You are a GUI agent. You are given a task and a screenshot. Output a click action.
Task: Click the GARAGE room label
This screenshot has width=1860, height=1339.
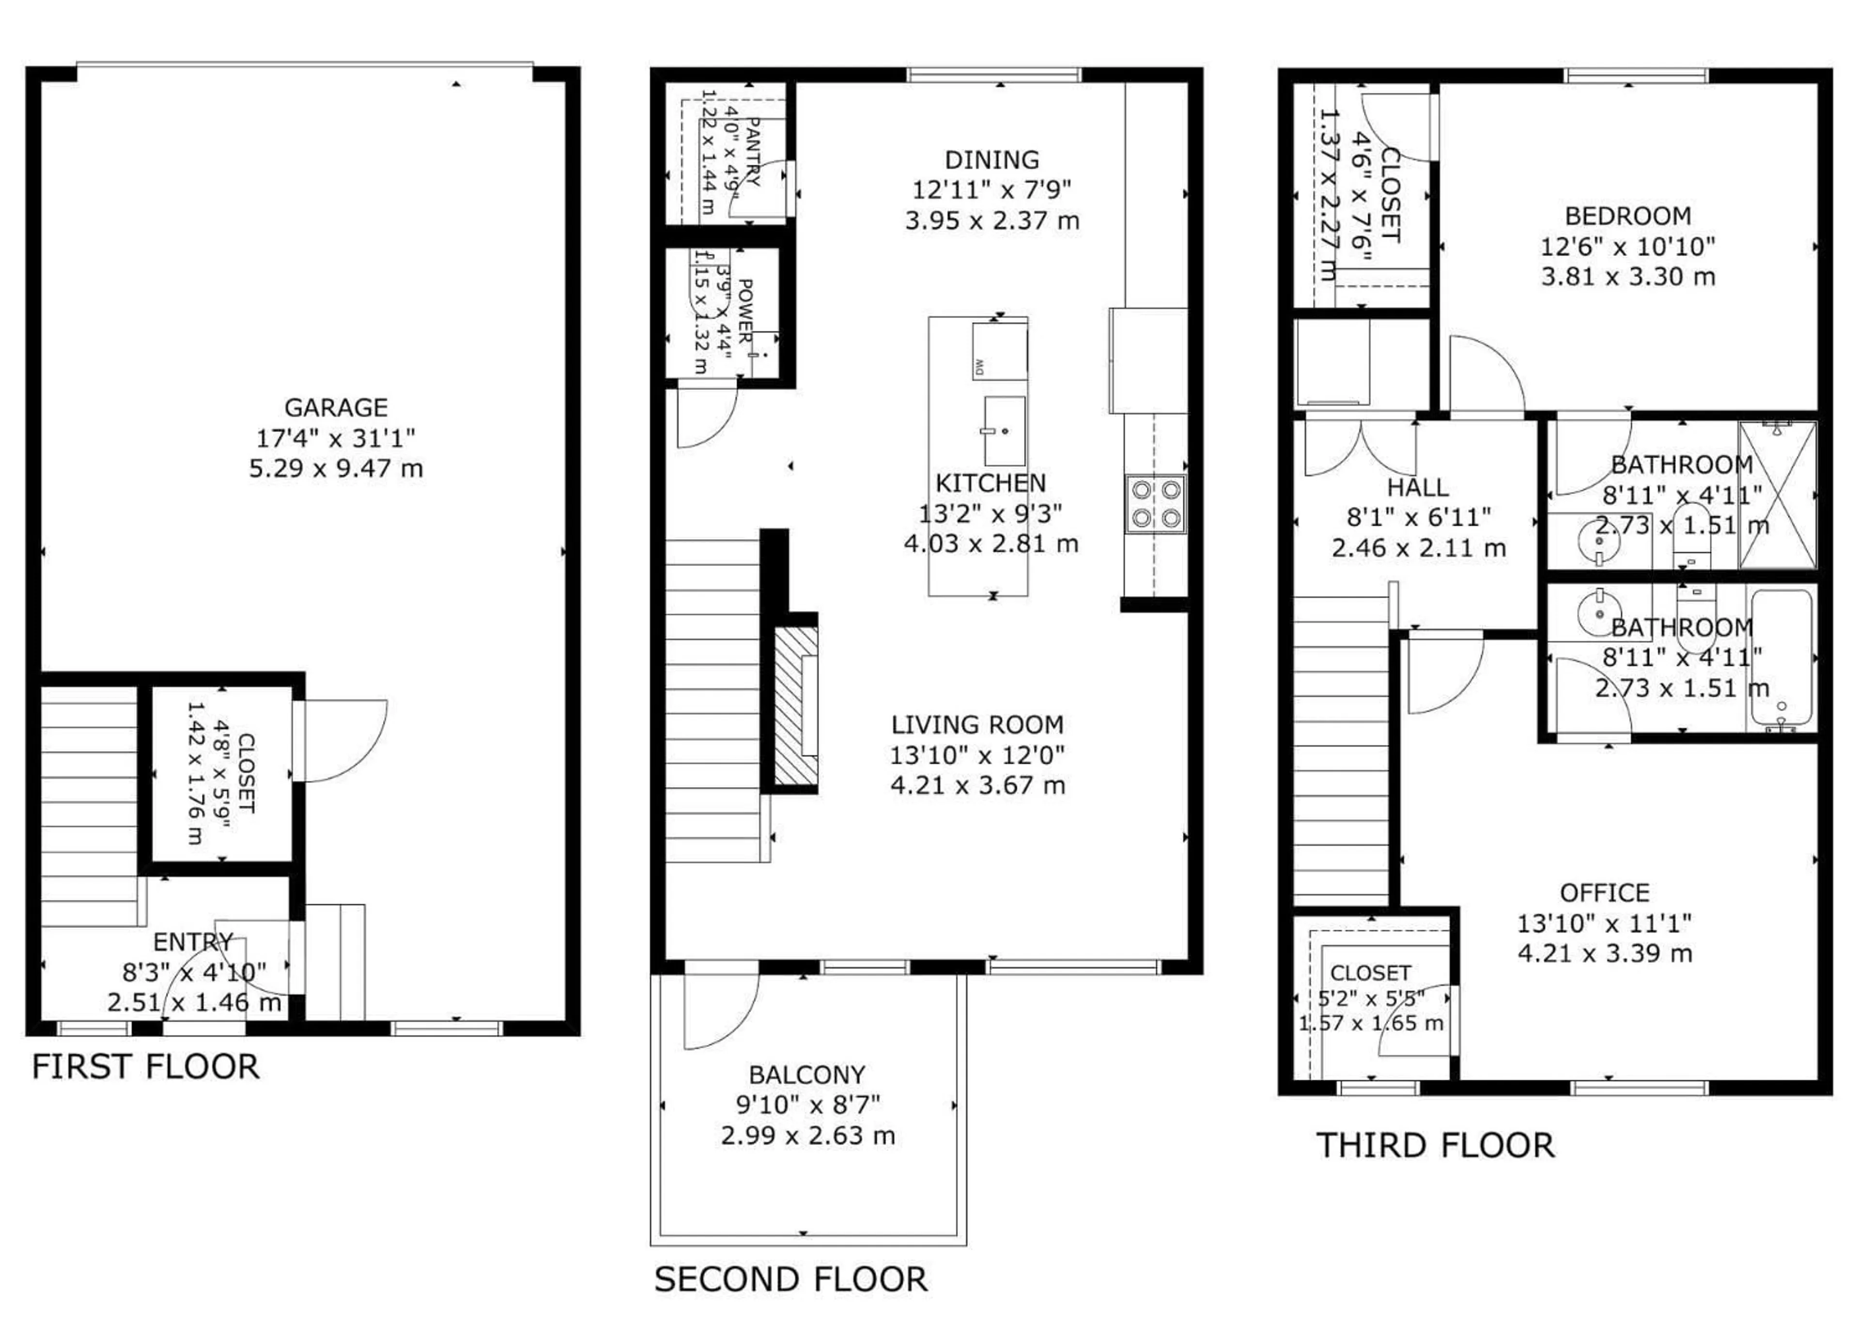(x=335, y=408)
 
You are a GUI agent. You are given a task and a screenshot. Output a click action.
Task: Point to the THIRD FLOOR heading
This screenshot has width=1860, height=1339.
(x=1435, y=1145)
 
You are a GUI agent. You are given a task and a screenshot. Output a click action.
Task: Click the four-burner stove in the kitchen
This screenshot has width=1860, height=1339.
(x=1155, y=504)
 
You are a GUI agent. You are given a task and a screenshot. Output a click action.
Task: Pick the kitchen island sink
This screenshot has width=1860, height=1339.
(x=1004, y=431)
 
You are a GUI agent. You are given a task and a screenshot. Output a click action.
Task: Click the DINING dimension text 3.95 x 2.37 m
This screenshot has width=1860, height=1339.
(x=992, y=220)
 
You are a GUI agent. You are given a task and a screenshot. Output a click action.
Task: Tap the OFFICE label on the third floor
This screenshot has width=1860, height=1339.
(x=1604, y=892)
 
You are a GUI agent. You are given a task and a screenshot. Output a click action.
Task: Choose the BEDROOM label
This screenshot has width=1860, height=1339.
(x=1627, y=215)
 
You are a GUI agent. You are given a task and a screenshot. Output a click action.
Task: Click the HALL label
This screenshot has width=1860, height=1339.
(x=1417, y=488)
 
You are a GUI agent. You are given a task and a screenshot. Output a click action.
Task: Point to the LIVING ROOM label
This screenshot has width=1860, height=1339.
(x=977, y=725)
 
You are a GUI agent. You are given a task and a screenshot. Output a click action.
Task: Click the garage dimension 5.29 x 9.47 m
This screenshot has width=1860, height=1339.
(x=335, y=468)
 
